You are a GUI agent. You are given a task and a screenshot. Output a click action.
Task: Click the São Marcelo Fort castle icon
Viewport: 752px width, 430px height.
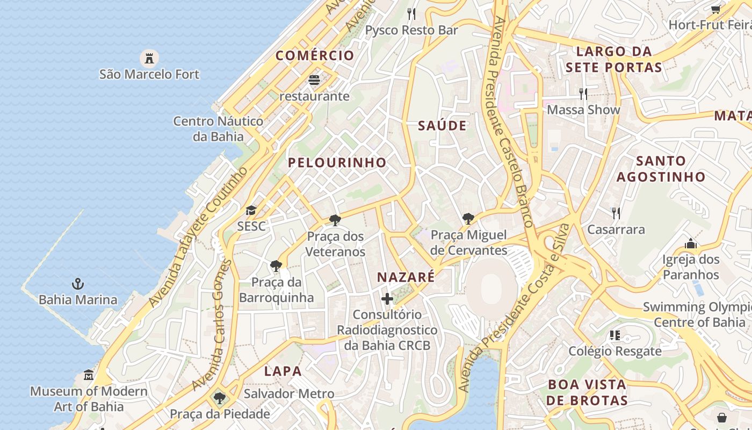click(149, 58)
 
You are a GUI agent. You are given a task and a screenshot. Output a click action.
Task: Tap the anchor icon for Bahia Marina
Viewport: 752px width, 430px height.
click(78, 283)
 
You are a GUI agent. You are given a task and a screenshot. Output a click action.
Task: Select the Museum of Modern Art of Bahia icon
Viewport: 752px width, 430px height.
click(89, 375)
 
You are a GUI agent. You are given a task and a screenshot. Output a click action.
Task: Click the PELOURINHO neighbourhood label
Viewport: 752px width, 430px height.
click(337, 162)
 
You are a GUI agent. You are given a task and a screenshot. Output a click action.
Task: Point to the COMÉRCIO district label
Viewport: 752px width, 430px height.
click(315, 55)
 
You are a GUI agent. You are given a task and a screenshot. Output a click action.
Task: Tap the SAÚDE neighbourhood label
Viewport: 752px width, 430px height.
click(442, 126)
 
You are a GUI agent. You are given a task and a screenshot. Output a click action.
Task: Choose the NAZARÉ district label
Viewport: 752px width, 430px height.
click(406, 277)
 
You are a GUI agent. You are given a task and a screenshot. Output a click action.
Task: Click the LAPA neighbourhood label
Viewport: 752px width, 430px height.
click(283, 371)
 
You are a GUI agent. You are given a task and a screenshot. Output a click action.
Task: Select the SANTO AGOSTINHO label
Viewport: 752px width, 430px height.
click(661, 169)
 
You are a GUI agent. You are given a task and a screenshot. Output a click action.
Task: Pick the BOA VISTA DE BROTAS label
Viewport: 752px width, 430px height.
click(587, 392)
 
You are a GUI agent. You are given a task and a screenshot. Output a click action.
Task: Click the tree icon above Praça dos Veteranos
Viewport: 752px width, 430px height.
click(335, 220)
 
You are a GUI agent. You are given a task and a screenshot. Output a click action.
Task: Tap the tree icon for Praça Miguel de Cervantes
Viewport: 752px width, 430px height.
click(468, 219)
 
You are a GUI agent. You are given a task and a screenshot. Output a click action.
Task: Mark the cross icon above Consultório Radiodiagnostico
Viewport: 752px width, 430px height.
click(387, 299)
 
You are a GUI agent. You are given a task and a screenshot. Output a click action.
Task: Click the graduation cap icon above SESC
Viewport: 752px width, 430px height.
click(251, 210)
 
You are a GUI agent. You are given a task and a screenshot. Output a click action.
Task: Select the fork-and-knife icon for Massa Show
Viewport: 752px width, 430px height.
click(583, 94)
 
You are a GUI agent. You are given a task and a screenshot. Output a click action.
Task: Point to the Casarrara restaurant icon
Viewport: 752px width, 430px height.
click(616, 213)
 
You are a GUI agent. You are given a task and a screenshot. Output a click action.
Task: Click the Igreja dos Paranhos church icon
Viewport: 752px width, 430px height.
click(691, 244)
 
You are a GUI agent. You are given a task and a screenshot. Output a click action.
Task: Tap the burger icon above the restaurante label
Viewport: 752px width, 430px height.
click(314, 80)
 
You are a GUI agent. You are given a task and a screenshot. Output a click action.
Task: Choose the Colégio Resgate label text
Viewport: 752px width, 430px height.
click(615, 352)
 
